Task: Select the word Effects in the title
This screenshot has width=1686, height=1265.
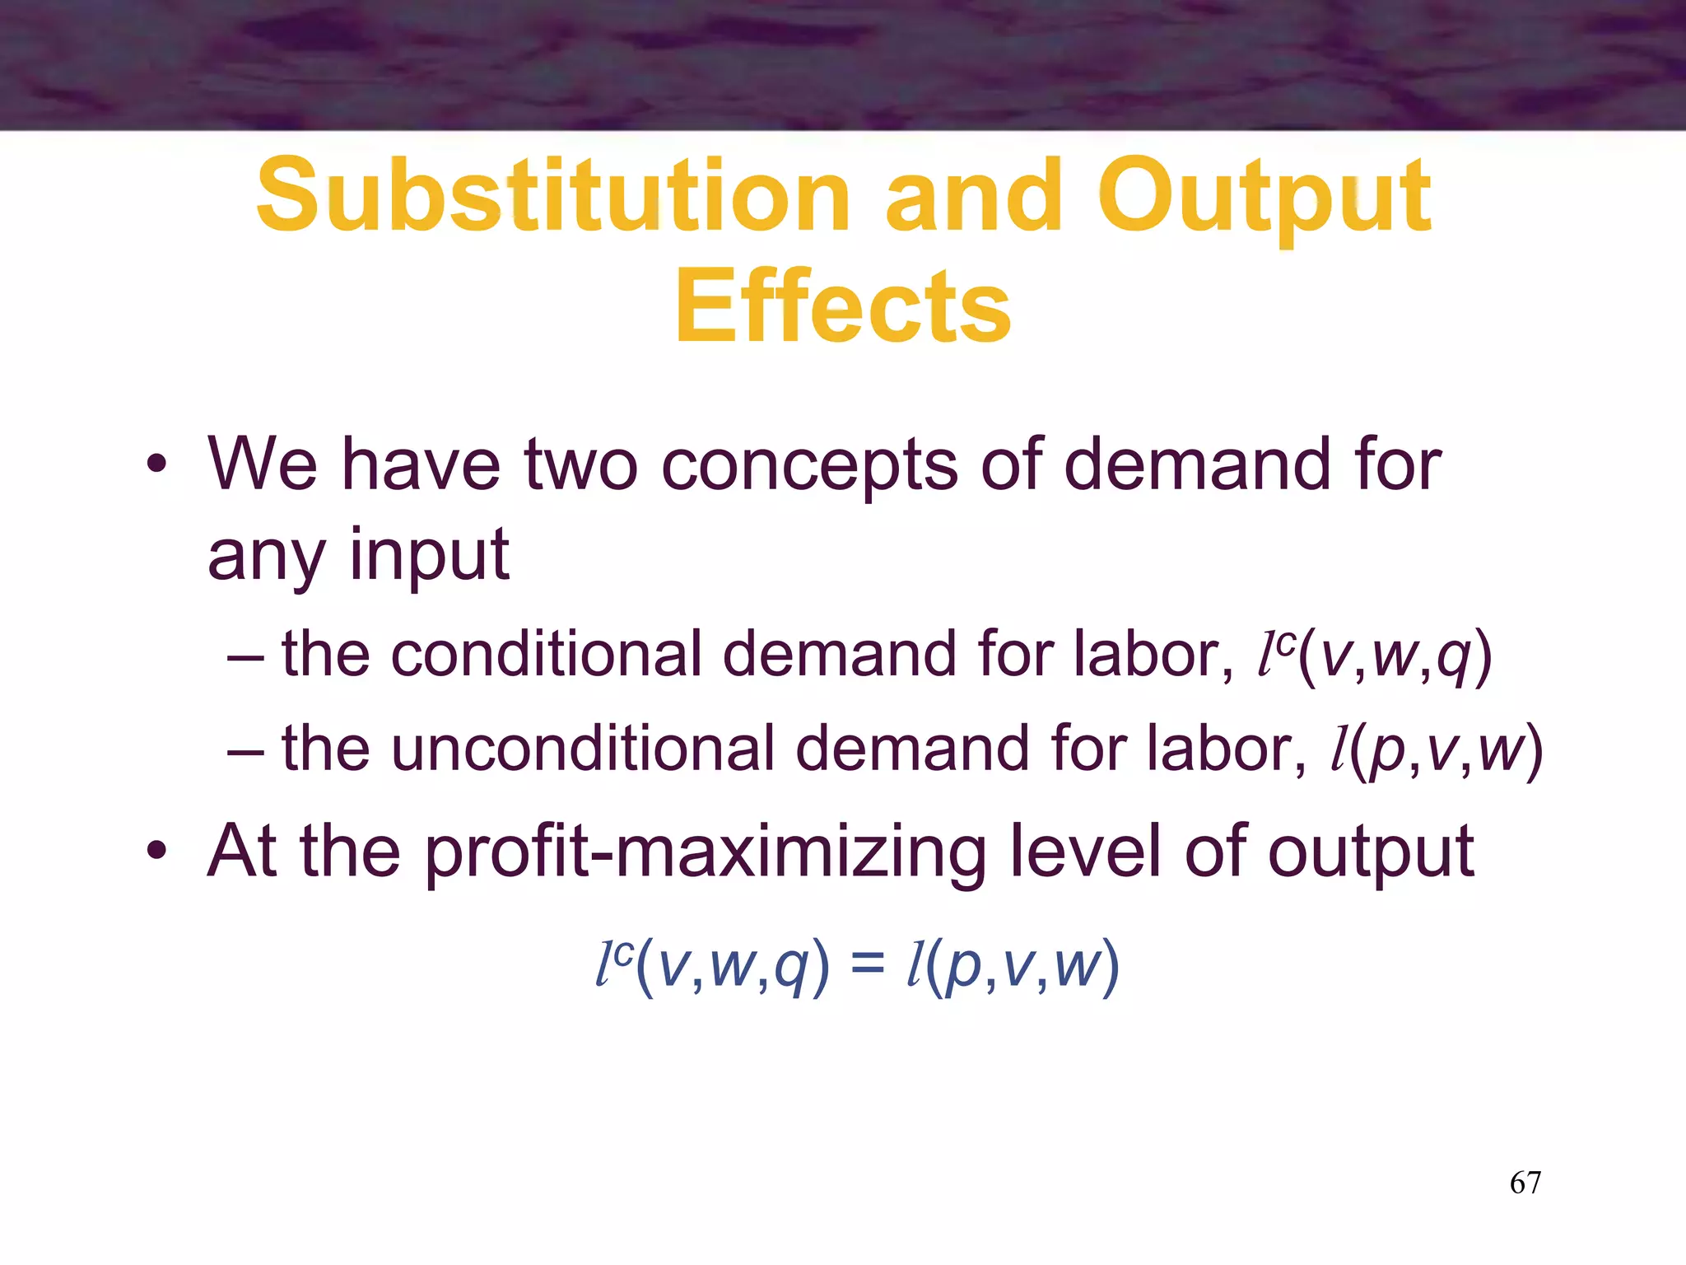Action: pos(843,307)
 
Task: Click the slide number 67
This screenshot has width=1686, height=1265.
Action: pos(1525,1183)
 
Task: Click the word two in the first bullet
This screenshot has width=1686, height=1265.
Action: pos(581,464)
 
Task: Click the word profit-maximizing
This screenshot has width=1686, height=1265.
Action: pos(706,853)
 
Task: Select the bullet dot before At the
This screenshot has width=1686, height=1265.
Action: pos(156,851)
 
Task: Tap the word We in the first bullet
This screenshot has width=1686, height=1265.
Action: pos(263,464)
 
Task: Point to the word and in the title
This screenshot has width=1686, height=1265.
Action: pos(974,196)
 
